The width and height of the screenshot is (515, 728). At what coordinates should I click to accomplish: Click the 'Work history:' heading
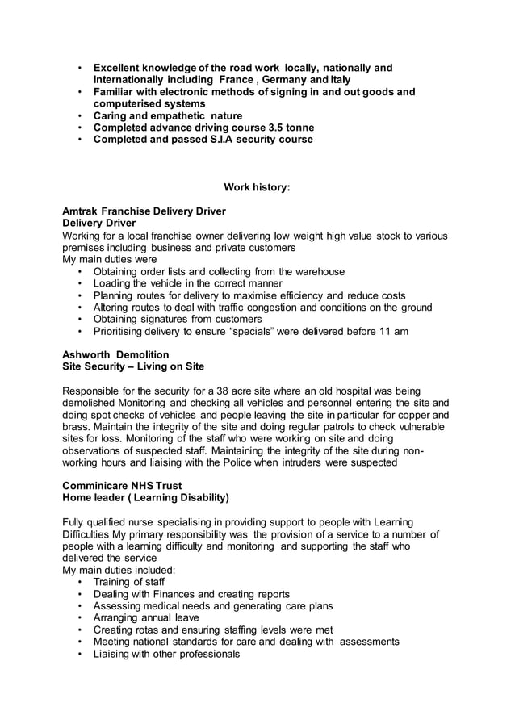tap(257, 187)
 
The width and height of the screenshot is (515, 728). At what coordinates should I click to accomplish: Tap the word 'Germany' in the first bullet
tap(294, 80)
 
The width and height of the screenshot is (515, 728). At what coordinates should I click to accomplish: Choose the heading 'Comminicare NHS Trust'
tap(122, 487)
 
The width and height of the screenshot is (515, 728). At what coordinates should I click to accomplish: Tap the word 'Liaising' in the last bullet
tap(115, 655)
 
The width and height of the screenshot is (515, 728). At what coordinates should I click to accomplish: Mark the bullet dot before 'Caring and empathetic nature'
tap(79, 116)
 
